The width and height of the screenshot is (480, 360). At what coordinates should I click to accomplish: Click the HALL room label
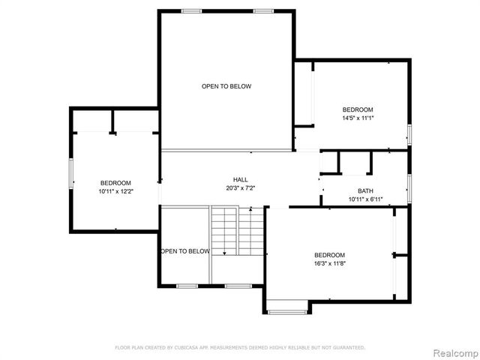pyautogui.click(x=240, y=179)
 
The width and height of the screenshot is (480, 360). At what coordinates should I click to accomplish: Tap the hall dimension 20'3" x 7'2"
pyautogui.click(x=240, y=188)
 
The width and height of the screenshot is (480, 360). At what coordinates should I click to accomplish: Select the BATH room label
pyautogui.click(x=365, y=190)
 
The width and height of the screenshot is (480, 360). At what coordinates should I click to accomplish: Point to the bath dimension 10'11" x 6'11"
pyautogui.click(x=365, y=199)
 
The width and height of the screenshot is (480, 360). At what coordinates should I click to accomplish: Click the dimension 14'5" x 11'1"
pyautogui.click(x=358, y=118)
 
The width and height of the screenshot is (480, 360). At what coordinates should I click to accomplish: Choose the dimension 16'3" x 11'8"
pyautogui.click(x=329, y=263)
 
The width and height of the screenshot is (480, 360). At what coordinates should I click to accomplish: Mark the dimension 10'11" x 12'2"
pyautogui.click(x=115, y=192)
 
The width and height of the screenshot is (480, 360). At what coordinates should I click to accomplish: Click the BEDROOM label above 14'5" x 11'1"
pyautogui.click(x=358, y=109)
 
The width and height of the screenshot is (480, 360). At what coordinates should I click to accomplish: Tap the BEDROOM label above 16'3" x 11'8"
pyautogui.click(x=329, y=254)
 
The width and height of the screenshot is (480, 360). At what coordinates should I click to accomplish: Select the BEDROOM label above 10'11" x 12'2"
pyautogui.click(x=115, y=183)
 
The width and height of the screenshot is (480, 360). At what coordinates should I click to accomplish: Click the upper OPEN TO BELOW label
pyautogui.click(x=226, y=86)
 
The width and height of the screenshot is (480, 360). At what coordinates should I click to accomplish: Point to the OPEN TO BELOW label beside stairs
pyautogui.click(x=184, y=251)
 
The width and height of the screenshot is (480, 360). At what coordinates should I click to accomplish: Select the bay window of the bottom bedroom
pyautogui.click(x=286, y=307)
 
